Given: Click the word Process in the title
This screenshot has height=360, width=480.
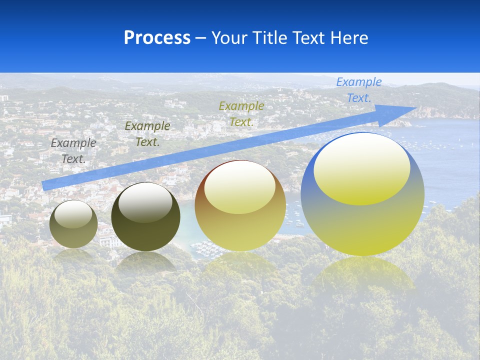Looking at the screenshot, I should click(157, 38).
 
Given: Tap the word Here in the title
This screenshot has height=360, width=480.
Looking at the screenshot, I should click(349, 38).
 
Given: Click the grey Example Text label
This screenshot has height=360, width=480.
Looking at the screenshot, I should click(73, 150).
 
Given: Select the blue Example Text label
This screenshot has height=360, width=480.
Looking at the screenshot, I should click(358, 90).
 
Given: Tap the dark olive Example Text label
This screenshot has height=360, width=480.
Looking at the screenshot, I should click(147, 133).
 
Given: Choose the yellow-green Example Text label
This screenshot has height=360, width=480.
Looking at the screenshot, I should click(241, 113).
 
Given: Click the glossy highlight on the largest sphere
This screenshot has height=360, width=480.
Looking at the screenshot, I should click(361, 168).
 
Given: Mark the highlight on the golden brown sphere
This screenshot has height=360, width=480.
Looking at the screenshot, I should click(239, 187).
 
